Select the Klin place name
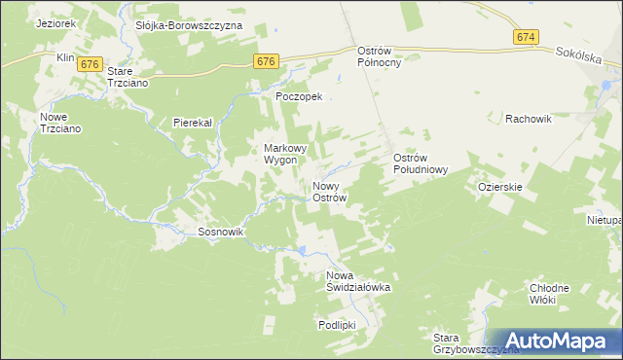click(x=66, y=58)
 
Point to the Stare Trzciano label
click(x=131, y=77)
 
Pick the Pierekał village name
click(x=193, y=123)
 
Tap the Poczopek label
click(x=305, y=97)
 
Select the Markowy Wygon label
click(x=286, y=154)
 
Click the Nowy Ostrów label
click(x=329, y=192)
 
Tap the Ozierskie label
click(x=501, y=186)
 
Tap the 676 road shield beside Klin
click(x=91, y=63)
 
